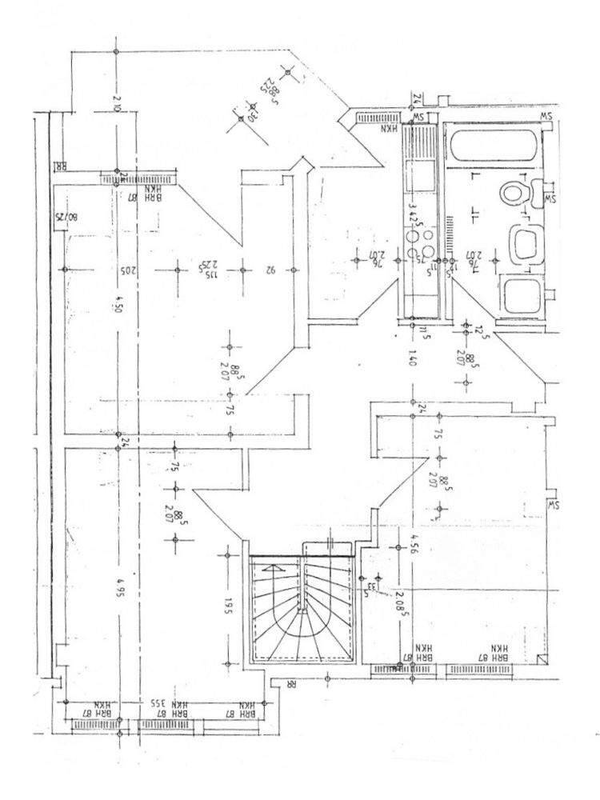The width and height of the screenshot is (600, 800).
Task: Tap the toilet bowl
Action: [514, 193]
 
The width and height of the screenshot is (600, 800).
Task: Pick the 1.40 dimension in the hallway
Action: [412, 358]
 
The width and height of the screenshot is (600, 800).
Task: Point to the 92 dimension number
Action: [270, 271]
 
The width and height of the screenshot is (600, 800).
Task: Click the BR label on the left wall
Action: [60, 168]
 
